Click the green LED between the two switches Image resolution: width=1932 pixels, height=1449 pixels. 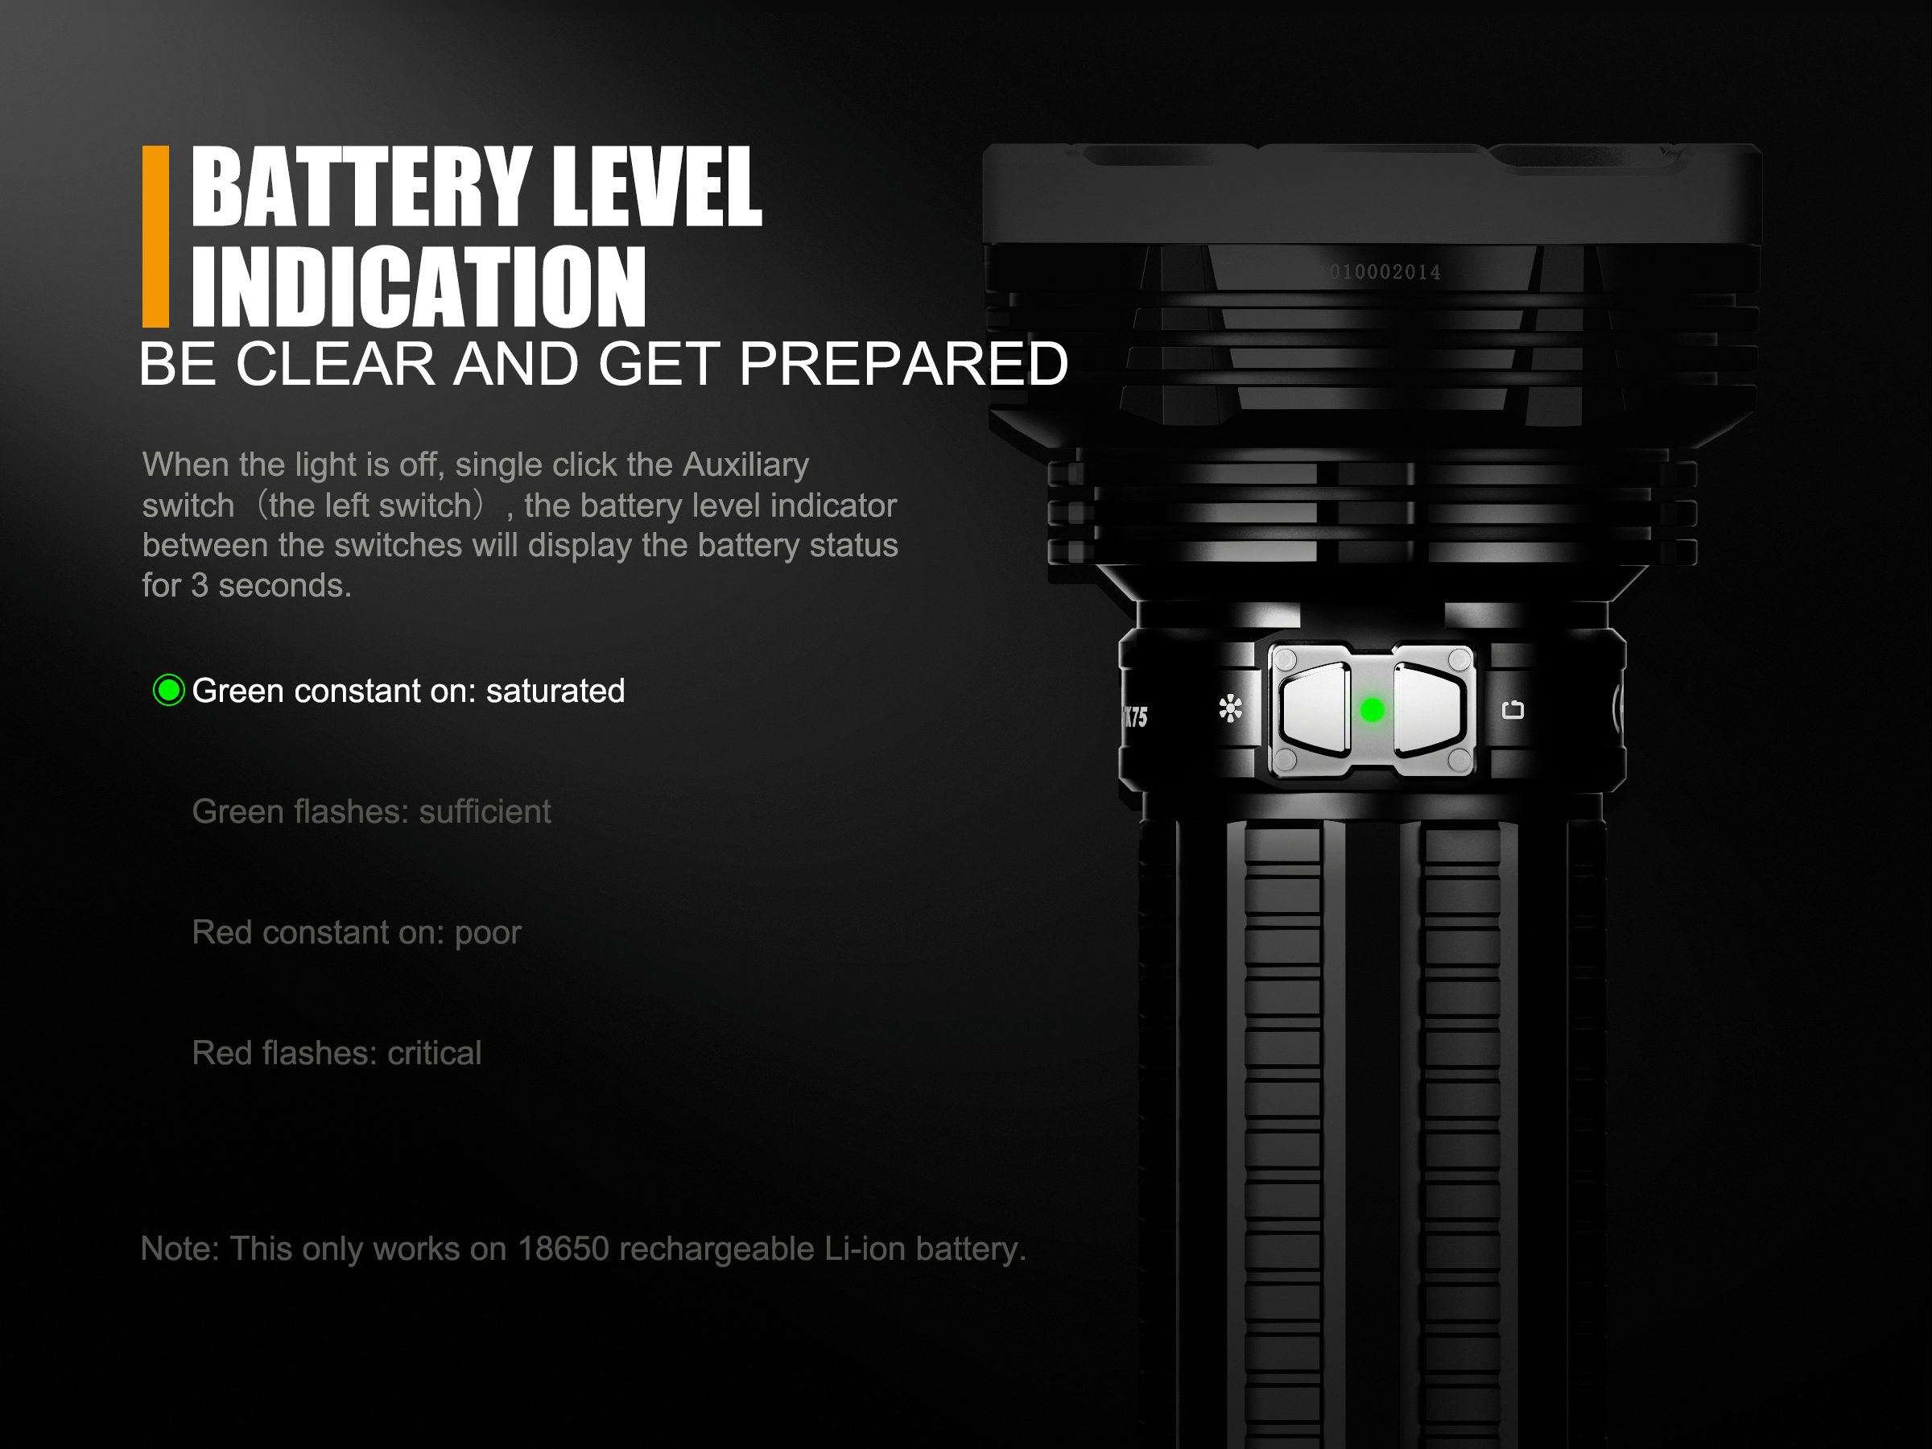coord(1373,710)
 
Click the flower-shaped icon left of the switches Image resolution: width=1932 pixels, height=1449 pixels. coord(1231,708)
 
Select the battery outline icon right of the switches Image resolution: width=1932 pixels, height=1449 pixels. coord(1513,710)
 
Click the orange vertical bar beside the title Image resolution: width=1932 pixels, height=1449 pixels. coord(155,237)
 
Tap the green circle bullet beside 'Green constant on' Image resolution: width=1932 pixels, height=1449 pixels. coord(168,690)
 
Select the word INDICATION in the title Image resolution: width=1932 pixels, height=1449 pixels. coord(419,286)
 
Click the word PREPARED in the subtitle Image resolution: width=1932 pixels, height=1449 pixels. coord(904,363)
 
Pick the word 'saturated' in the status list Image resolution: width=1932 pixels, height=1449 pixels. coord(555,691)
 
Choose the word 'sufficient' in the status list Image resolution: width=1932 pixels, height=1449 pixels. coord(485,811)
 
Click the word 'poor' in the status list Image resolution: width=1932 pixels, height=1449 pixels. coord(489,933)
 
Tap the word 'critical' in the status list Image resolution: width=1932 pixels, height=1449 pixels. coord(434,1053)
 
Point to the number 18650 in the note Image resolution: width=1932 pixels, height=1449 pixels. coord(563,1249)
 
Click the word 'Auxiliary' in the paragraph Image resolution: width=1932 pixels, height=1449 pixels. coord(746,464)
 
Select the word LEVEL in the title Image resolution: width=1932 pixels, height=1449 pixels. coord(658,186)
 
